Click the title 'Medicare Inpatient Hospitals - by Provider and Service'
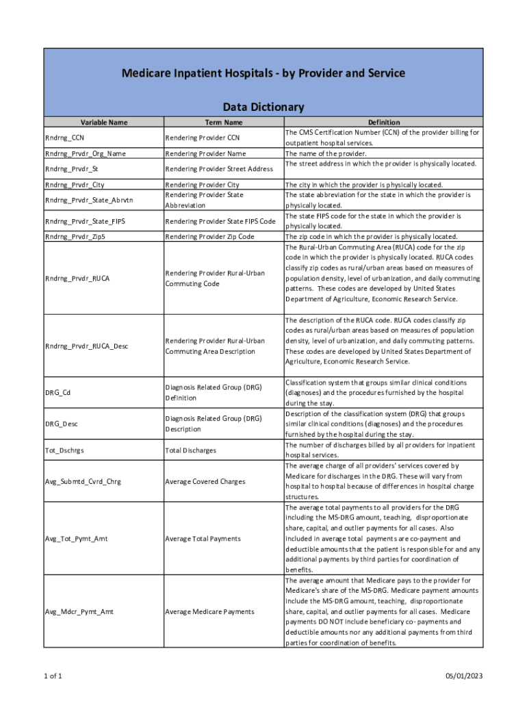point(263,73)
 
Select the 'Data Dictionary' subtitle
point(263,107)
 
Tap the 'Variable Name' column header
point(103,123)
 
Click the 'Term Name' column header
point(224,123)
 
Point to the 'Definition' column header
point(383,123)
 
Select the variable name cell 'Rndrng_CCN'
point(64,138)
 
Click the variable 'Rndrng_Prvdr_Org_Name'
point(86,153)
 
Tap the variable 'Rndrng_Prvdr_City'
point(75,185)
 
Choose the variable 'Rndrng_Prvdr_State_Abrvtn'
point(90,200)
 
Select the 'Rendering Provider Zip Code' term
point(209,236)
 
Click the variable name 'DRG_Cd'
point(57,392)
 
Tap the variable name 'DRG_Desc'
point(61,424)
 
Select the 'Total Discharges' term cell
point(190,450)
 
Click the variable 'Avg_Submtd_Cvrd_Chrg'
point(83,481)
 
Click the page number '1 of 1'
point(53,676)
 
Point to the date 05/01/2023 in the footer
point(464,676)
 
